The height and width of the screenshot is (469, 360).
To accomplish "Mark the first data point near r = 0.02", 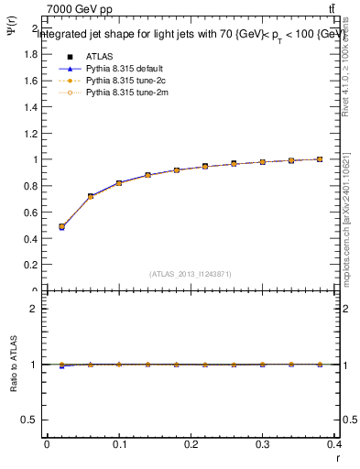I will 61,226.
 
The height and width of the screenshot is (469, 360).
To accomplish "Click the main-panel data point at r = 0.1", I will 119,183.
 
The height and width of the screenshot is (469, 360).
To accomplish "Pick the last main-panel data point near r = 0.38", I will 320,159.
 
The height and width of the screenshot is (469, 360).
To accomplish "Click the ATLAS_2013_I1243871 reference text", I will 191,274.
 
